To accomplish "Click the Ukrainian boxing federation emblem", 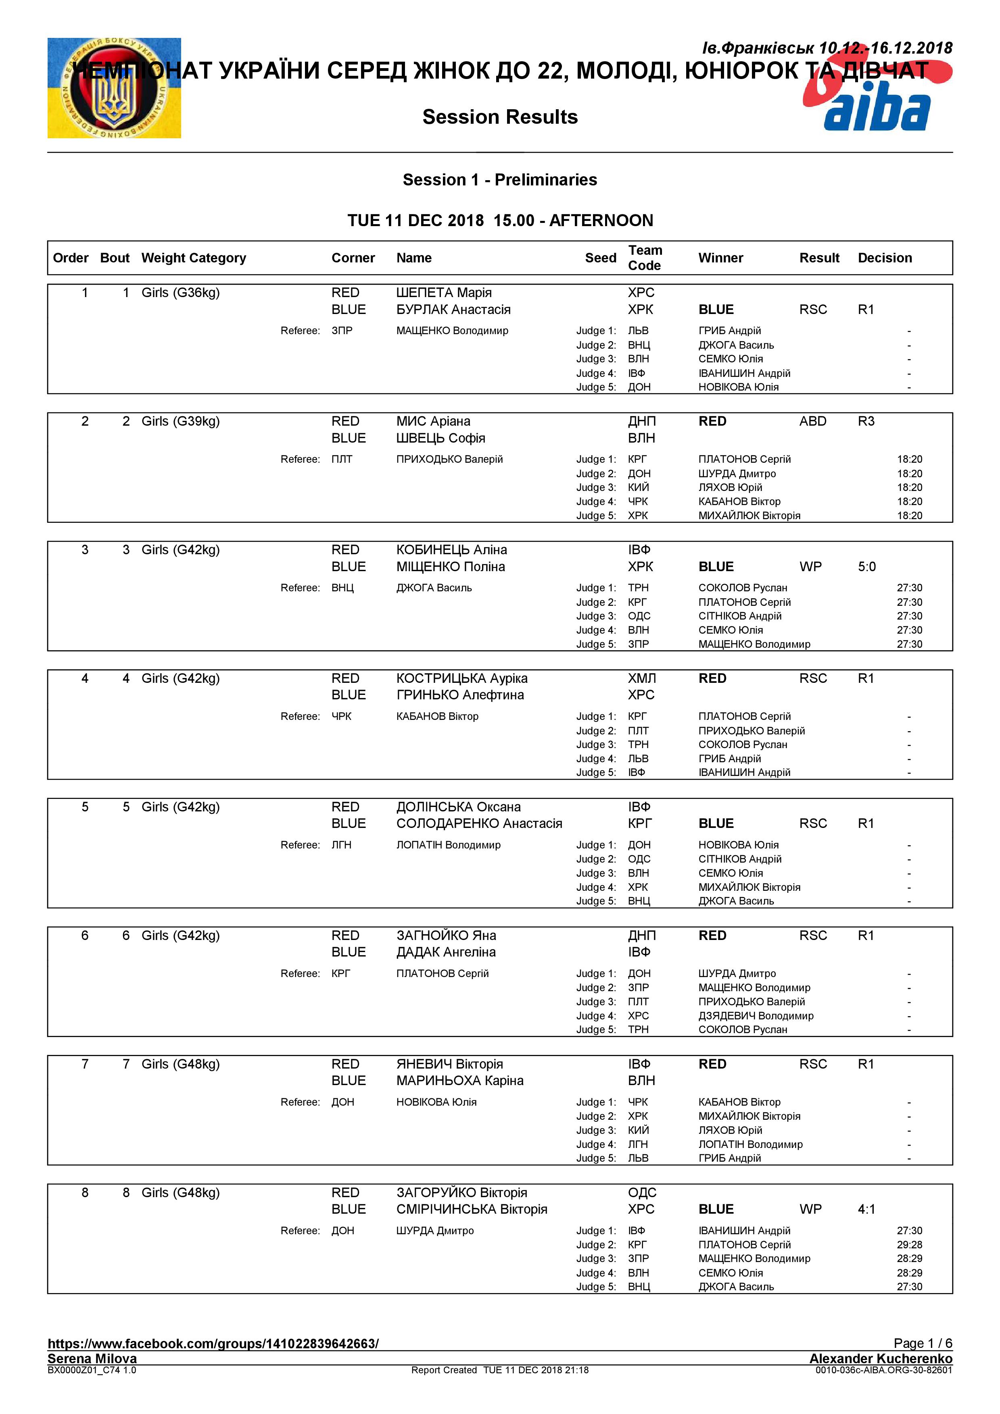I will tap(114, 88).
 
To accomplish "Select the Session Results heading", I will tap(500, 116).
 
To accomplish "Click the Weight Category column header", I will tap(194, 258).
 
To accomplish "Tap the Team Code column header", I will tap(645, 258).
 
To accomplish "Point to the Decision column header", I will tap(884, 258).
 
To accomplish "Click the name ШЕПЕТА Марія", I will tap(444, 293).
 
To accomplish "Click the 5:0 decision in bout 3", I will tap(866, 567).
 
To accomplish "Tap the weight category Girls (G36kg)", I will tap(181, 293).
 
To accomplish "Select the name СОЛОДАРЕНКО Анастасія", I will tap(479, 823).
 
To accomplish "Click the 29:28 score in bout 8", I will tap(909, 1245).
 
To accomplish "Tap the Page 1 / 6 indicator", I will tap(923, 1343).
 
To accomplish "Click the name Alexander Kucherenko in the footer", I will tap(881, 1358).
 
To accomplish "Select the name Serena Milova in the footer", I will tap(92, 1358).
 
